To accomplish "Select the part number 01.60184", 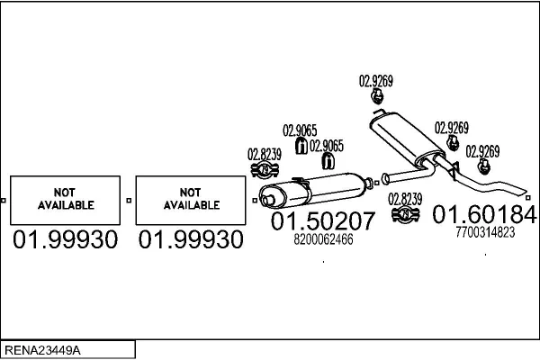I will [x=485, y=214].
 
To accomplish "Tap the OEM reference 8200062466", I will [x=324, y=239].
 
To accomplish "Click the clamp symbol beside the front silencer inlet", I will [x=264, y=170].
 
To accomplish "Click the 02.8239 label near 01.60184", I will [x=405, y=198].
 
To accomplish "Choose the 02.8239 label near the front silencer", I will [x=264, y=154].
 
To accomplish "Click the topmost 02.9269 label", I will [x=376, y=80].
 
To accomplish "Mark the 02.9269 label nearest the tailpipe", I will [x=482, y=150].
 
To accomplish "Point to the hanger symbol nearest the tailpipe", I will [x=484, y=167].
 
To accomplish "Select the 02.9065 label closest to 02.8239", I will [x=300, y=130].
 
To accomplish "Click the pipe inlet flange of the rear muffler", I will [x=384, y=176].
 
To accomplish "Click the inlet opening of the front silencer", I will [x=265, y=197].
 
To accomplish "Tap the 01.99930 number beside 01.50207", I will [x=189, y=240].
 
